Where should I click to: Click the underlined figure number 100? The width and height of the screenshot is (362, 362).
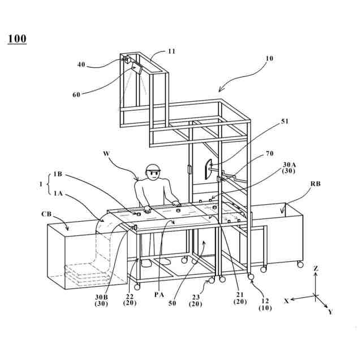pos(17,39)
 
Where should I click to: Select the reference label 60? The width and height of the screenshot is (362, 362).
pos(77,95)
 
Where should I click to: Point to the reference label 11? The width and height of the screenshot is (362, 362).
pos(171,51)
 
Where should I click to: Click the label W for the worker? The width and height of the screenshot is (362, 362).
pos(106,153)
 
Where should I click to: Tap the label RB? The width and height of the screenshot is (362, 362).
pos(316,184)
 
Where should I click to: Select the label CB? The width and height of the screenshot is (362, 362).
pos(48,214)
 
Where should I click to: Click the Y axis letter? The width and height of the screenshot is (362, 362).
pos(330,312)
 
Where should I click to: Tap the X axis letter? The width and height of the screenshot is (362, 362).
pos(287,301)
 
